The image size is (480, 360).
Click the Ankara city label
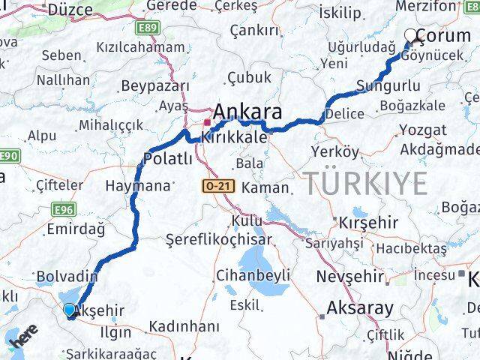247,112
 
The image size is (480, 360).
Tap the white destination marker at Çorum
411,34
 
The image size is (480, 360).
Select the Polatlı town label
168,159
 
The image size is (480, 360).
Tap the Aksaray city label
359,307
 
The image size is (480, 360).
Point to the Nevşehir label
349,276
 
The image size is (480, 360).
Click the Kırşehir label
367,224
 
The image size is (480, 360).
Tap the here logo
23,337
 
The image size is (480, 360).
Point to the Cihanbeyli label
253,275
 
